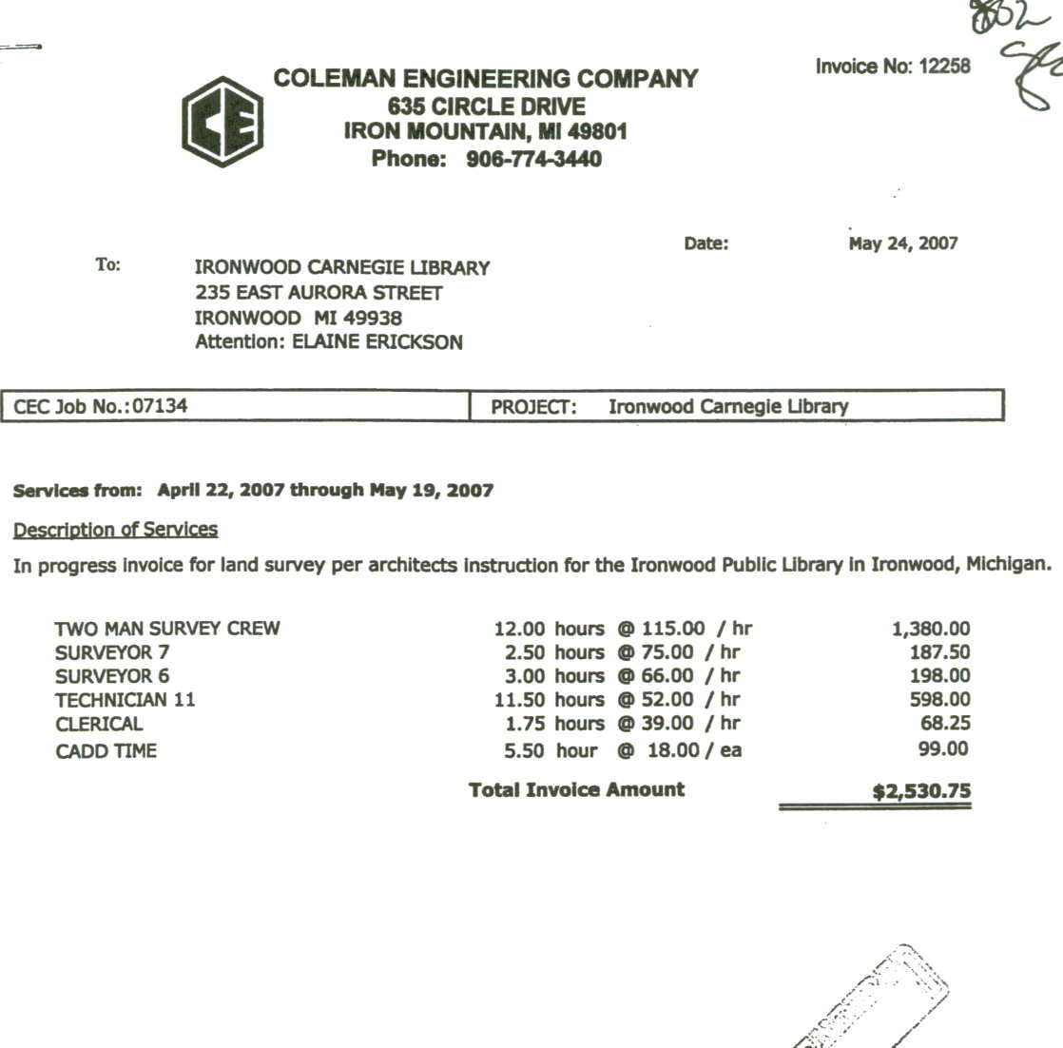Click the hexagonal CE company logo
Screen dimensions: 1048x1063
coord(222,122)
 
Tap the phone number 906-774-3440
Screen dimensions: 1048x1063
coord(533,159)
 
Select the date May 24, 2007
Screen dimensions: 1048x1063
coord(902,243)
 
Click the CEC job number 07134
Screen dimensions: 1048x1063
coord(160,406)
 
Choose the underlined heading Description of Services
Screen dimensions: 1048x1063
coord(115,530)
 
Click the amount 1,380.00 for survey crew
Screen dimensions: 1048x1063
coord(931,629)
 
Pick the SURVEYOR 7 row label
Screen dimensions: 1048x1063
coord(112,652)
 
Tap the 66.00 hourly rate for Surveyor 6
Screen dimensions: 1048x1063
coord(667,676)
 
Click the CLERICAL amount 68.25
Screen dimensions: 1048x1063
coord(945,724)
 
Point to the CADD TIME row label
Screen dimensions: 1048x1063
coord(106,751)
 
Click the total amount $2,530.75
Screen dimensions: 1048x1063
coord(921,791)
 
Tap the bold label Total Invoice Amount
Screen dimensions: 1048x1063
coord(576,789)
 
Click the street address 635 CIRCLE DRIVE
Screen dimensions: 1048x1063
coord(486,106)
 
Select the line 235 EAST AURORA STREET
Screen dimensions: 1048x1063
coord(319,293)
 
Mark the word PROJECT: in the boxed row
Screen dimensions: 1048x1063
coord(533,407)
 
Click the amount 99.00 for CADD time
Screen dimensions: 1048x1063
coord(943,749)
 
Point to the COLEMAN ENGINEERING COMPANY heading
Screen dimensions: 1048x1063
coord(486,79)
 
